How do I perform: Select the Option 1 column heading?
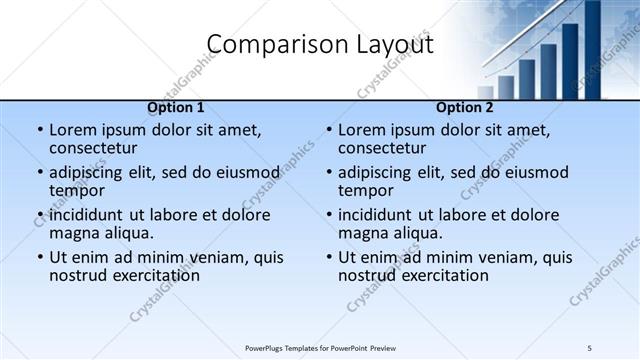click(176, 108)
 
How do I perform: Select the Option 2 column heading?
click(465, 108)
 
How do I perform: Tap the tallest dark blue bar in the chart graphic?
click(592, 50)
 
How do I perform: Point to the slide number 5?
click(590, 347)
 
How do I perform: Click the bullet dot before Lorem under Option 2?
click(329, 130)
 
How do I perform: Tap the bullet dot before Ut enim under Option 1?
click(40, 257)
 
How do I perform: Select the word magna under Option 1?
click(76, 233)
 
